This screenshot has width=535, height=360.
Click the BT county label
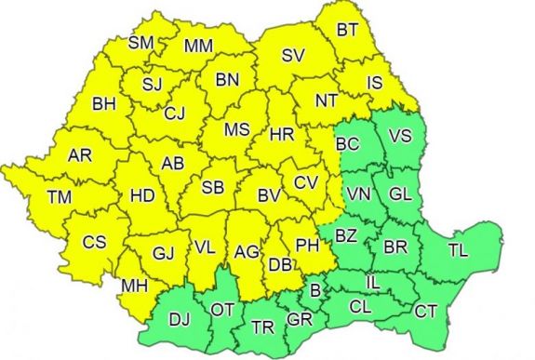pos(348,30)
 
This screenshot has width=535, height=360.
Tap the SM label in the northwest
pos(140,43)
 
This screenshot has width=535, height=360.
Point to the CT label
pos(426,310)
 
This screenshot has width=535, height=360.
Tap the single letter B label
pos(315,292)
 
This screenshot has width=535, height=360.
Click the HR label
pos(281,135)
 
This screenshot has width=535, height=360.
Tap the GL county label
pos(400,194)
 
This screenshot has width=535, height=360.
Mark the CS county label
pos(94,242)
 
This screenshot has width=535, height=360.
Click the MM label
pos(198,47)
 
